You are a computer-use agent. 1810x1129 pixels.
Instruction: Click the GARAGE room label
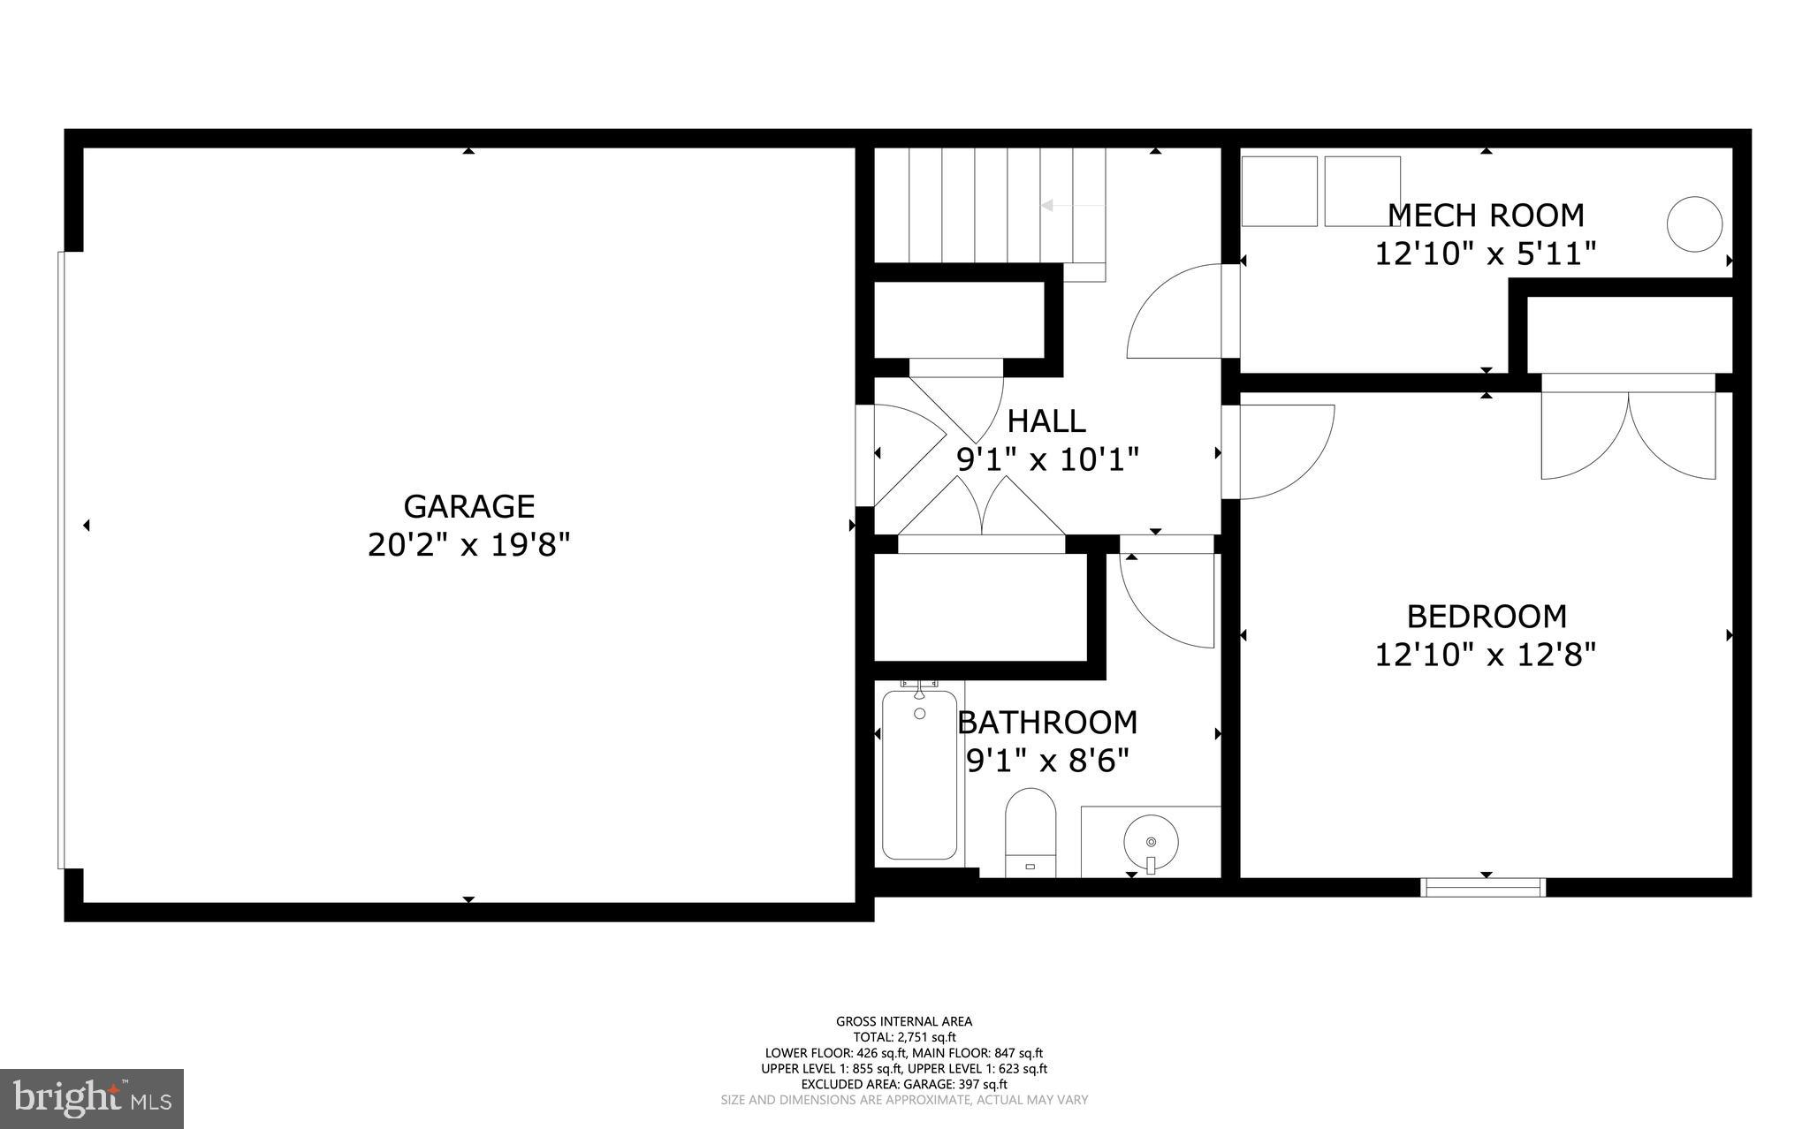(468, 506)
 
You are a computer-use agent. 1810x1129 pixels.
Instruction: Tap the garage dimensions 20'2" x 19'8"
(468, 545)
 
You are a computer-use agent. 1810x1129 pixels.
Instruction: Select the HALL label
(1046, 421)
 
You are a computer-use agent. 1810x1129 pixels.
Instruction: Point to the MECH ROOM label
(1486, 215)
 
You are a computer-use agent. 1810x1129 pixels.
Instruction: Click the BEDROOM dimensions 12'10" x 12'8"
(1486, 655)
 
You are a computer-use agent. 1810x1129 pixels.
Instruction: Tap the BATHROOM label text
(1048, 722)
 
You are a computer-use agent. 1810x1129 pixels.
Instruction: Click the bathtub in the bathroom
(919, 775)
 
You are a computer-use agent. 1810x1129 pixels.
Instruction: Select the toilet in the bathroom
(1031, 830)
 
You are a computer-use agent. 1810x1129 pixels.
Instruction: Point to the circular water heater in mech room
(1693, 224)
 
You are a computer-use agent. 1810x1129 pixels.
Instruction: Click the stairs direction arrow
(1072, 205)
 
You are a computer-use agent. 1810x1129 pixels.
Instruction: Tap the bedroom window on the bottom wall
(1483, 887)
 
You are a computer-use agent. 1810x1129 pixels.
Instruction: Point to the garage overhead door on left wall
(61, 560)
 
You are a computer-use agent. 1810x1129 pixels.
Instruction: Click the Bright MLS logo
(92, 1098)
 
